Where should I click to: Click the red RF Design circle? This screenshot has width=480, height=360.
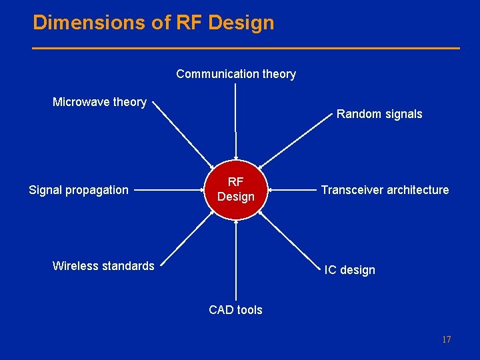tap(236, 190)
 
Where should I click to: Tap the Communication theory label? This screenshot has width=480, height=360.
tap(236, 74)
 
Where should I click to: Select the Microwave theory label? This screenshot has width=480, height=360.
tap(99, 102)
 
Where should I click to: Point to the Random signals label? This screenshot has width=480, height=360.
tap(379, 114)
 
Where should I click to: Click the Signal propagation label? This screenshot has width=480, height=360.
tap(79, 190)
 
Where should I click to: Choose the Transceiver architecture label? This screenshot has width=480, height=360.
tap(385, 190)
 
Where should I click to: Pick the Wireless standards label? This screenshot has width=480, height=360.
tap(103, 266)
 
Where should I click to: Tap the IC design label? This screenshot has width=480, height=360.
tap(349, 270)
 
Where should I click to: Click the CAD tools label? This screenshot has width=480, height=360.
tap(235, 310)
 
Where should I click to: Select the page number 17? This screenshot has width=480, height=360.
tap(446, 340)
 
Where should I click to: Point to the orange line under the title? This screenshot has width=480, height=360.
tap(246, 48)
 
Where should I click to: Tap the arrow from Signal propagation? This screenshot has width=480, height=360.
tap(171, 190)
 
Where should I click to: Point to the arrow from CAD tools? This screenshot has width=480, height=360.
tap(235, 260)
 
